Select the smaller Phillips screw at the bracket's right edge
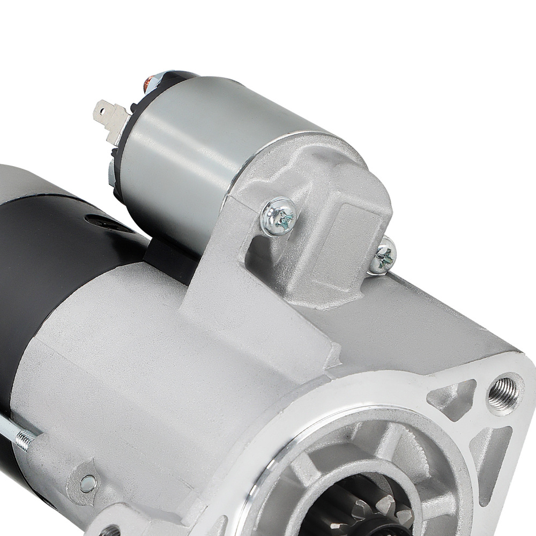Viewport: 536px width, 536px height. click(x=384, y=256)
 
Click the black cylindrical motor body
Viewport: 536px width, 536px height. click(x=48, y=257)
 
